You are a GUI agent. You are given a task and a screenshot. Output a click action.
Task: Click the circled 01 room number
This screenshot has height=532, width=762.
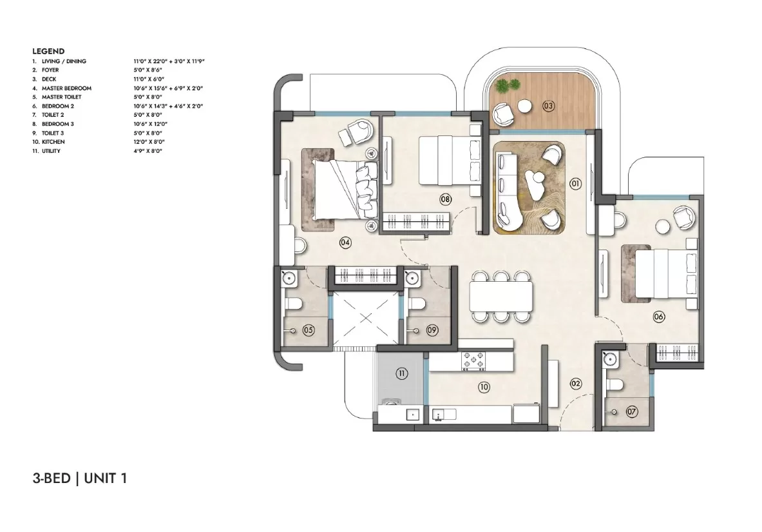[x=575, y=184]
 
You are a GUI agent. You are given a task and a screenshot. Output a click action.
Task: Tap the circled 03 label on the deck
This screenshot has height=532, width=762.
[x=548, y=106]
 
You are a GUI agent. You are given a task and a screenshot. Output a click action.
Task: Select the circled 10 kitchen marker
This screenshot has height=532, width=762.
[x=484, y=387]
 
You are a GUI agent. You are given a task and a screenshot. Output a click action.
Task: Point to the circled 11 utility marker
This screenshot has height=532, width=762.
[x=401, y=373]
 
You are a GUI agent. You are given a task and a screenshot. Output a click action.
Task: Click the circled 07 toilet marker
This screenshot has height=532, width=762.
[x=631, y=412]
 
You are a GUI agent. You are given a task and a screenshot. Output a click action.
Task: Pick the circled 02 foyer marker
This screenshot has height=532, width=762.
[x=575, y=384]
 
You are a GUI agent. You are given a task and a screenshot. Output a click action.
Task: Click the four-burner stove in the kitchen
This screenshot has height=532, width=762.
[x=473, y=361]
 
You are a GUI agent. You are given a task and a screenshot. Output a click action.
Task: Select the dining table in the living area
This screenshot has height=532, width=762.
[x=500, y=296]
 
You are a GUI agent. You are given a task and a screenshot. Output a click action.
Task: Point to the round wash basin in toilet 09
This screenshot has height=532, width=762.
[x=412, y=278]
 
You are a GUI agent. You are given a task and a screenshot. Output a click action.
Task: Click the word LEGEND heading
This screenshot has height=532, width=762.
[x=48, y=51]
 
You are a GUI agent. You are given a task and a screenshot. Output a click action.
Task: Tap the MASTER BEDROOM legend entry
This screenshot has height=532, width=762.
[x=66, y=88]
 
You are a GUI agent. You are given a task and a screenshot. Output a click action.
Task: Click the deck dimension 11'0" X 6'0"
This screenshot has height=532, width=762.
[x=149, y=79]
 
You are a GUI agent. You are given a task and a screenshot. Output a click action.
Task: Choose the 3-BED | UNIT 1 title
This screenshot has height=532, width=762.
[x=80, y=478]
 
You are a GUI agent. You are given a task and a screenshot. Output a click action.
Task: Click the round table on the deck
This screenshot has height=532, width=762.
[x=525, y=106]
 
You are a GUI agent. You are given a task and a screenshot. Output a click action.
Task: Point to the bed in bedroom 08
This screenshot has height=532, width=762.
[x=450, y=160]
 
